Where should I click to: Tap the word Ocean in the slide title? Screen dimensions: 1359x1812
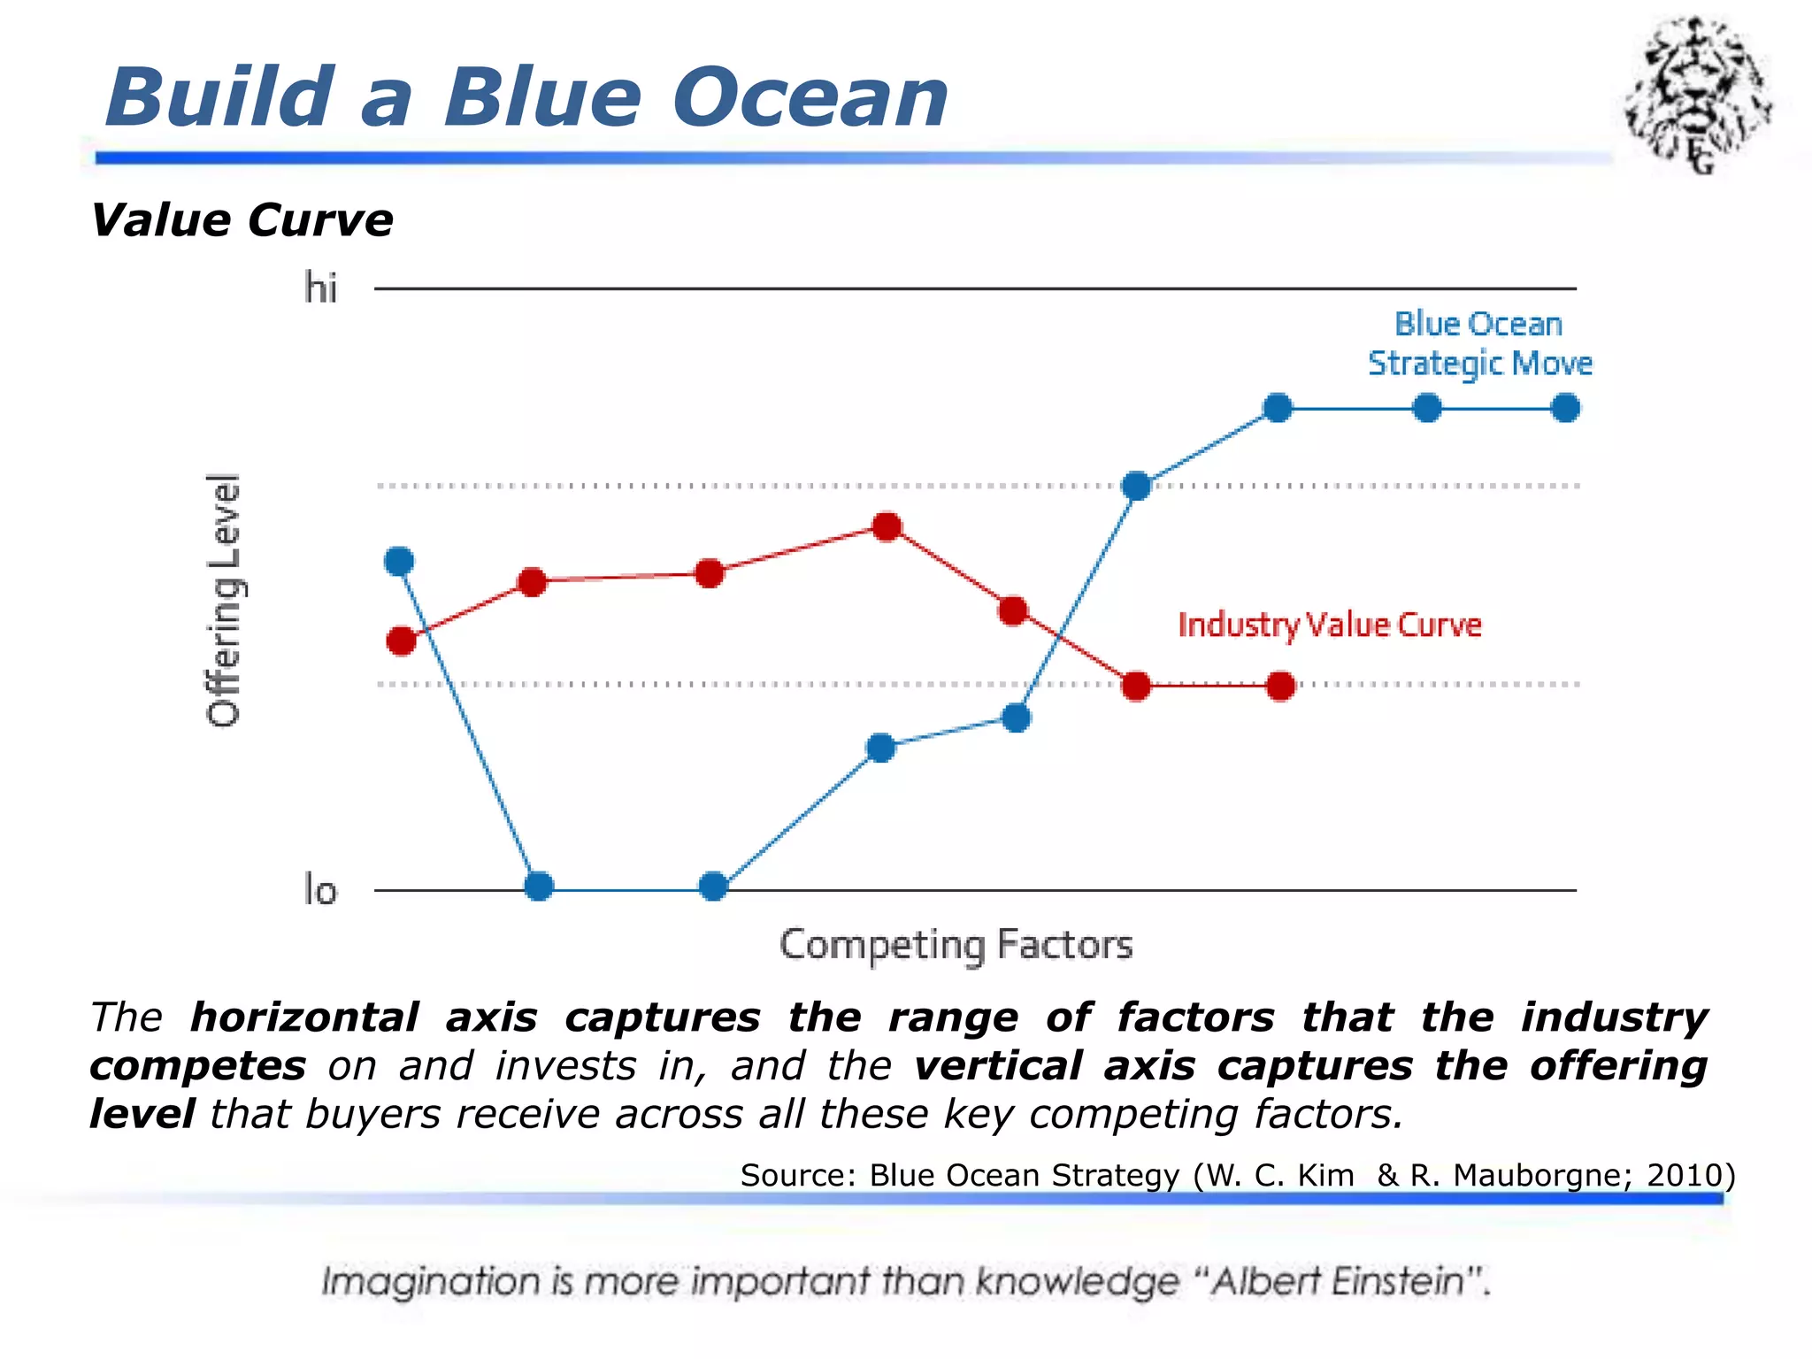(810, 97)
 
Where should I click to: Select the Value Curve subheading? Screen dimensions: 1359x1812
(242, 220)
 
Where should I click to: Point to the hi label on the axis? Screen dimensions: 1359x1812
(320, 288)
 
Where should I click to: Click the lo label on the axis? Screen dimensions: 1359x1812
(320, 890)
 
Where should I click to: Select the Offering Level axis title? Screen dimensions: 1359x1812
(224, 600)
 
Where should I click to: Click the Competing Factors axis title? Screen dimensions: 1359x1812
(956, 945)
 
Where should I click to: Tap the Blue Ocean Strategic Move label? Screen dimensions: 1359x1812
(1479, 344)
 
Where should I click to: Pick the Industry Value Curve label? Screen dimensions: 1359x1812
(1329, 626)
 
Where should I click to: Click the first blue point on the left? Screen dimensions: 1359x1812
(400, 561)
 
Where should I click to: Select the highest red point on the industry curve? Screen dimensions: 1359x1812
(887, 527)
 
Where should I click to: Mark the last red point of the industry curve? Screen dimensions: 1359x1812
(1280, 686)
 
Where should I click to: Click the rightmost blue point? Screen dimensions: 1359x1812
(1565, 409)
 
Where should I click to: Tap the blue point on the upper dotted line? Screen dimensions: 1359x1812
(1136, 486)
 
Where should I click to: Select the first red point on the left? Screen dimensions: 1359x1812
(402, 641)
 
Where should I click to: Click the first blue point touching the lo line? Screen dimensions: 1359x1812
(539, 886)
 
